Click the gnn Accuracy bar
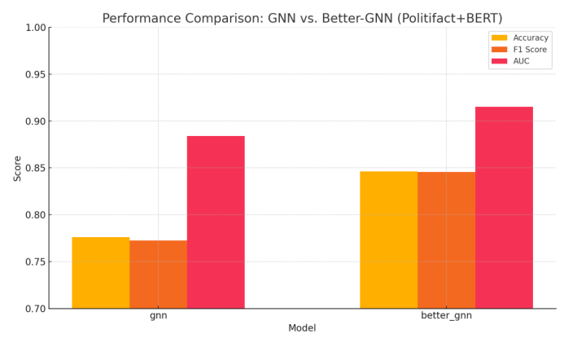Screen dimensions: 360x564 click(100, 273)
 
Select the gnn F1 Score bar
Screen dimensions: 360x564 click(158, 274)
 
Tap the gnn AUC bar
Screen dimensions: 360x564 click(216, 222)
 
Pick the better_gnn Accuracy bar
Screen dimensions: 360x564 click(388, 240)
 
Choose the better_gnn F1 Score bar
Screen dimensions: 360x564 click(446, 240)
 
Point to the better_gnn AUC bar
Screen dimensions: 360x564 click(504, 208)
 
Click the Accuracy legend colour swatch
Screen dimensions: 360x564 click(500, 37)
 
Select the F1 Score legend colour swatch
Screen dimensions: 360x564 click(500, 50)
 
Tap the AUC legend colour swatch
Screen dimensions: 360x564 click(500, 61)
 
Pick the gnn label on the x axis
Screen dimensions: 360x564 click(158, 315)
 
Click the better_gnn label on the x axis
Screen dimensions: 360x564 click(446, 315)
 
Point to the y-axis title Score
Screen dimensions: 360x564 click(17, 168)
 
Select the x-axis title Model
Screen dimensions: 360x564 click(302, 328)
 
